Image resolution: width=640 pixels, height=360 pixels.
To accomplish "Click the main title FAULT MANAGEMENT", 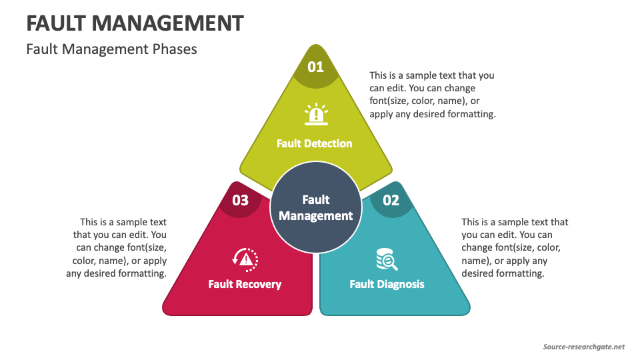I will (x=135, y=23).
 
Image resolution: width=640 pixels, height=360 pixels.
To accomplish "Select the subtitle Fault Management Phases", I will (x=111, y=49).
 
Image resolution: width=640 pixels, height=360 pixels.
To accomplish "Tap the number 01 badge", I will (x=315, y=67).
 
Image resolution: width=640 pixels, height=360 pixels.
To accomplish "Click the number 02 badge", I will (x=391, y=200).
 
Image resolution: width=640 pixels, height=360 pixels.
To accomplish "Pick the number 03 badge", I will (x=240, y=200).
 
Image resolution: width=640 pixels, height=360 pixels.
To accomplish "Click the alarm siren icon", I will (x=315, y=114).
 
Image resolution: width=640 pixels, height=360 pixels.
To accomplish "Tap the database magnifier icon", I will (x=387, y=259).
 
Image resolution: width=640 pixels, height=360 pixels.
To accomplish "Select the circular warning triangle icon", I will (x=245, y=258).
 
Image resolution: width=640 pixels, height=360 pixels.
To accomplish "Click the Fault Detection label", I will (x=315, y=143).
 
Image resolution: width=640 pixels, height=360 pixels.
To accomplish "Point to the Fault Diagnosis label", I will (x=387, y=284).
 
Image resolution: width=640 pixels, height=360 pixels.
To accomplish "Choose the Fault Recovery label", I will (x=245, y=284).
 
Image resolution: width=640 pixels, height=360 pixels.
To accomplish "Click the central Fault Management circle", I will (x=315, y=208).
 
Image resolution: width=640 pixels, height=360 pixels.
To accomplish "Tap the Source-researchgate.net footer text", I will (x=583, y=347).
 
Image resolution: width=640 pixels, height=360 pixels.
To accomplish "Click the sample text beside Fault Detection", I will (x=433, y=95).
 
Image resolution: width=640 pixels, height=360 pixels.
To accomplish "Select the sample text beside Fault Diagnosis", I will (x=515, y=247).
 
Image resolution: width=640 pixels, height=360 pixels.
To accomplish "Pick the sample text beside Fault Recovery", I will (x=117, y=247).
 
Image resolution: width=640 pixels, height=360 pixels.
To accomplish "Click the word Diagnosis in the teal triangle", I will (x=400, y=284).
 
